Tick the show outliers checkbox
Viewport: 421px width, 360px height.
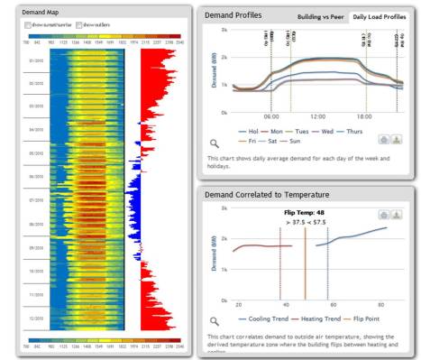click(x=81, y=25)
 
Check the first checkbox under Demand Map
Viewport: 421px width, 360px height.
click(x=27, y=25)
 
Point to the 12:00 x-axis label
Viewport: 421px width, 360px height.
click(x=317, y=116)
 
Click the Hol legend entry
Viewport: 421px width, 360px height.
click(x=241, y=130)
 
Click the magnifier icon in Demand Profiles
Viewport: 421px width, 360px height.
click(x=213, y=143)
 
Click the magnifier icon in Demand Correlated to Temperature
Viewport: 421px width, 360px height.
click(x=213, y=320)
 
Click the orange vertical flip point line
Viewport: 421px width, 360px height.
click(x=305, y=262)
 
